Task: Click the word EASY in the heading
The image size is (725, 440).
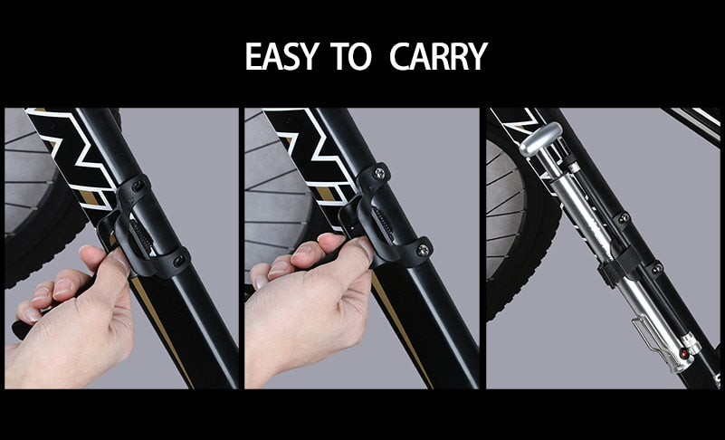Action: tap(281, 56)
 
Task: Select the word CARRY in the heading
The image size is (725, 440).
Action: tap(438, 56)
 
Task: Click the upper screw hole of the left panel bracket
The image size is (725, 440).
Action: tap(138, 186)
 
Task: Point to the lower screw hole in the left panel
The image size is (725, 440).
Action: tap(178, 260)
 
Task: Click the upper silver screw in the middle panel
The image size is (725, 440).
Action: tap(379, 173)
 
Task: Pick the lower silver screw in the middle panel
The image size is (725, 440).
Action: tap(422, 250)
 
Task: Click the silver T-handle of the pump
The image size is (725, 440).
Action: tap(540, 139)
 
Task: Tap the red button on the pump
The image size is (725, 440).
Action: tap(683, 354)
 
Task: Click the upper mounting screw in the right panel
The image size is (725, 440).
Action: tap(624, 217)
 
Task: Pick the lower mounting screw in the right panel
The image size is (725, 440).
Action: tap(656, 268)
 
